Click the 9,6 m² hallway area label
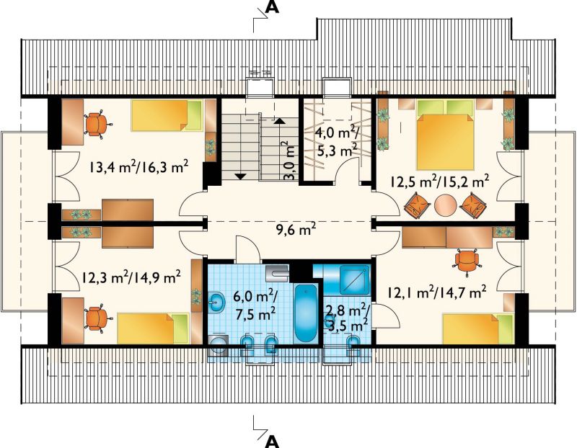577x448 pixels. (296, 230)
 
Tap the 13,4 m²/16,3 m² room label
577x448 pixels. (138, 168)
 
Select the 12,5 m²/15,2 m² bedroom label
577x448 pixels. (440, 182)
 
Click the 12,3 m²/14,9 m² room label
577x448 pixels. (131, 277)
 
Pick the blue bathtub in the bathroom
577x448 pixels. (305, 313)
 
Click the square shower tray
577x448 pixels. (354, 279)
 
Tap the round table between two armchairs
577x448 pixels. (445, 205)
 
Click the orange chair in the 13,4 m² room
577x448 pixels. (96, 124)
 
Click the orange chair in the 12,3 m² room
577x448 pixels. (96, 318)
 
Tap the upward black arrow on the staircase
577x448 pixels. (280, 120)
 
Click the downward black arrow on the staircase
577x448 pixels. (240, 176)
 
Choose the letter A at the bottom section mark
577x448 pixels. (272, 442)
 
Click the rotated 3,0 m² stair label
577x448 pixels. (290, 161)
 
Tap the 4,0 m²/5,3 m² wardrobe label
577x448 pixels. (338, 141)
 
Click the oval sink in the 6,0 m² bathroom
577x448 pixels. (217, 303)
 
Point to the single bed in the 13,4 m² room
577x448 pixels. (167, 115)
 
